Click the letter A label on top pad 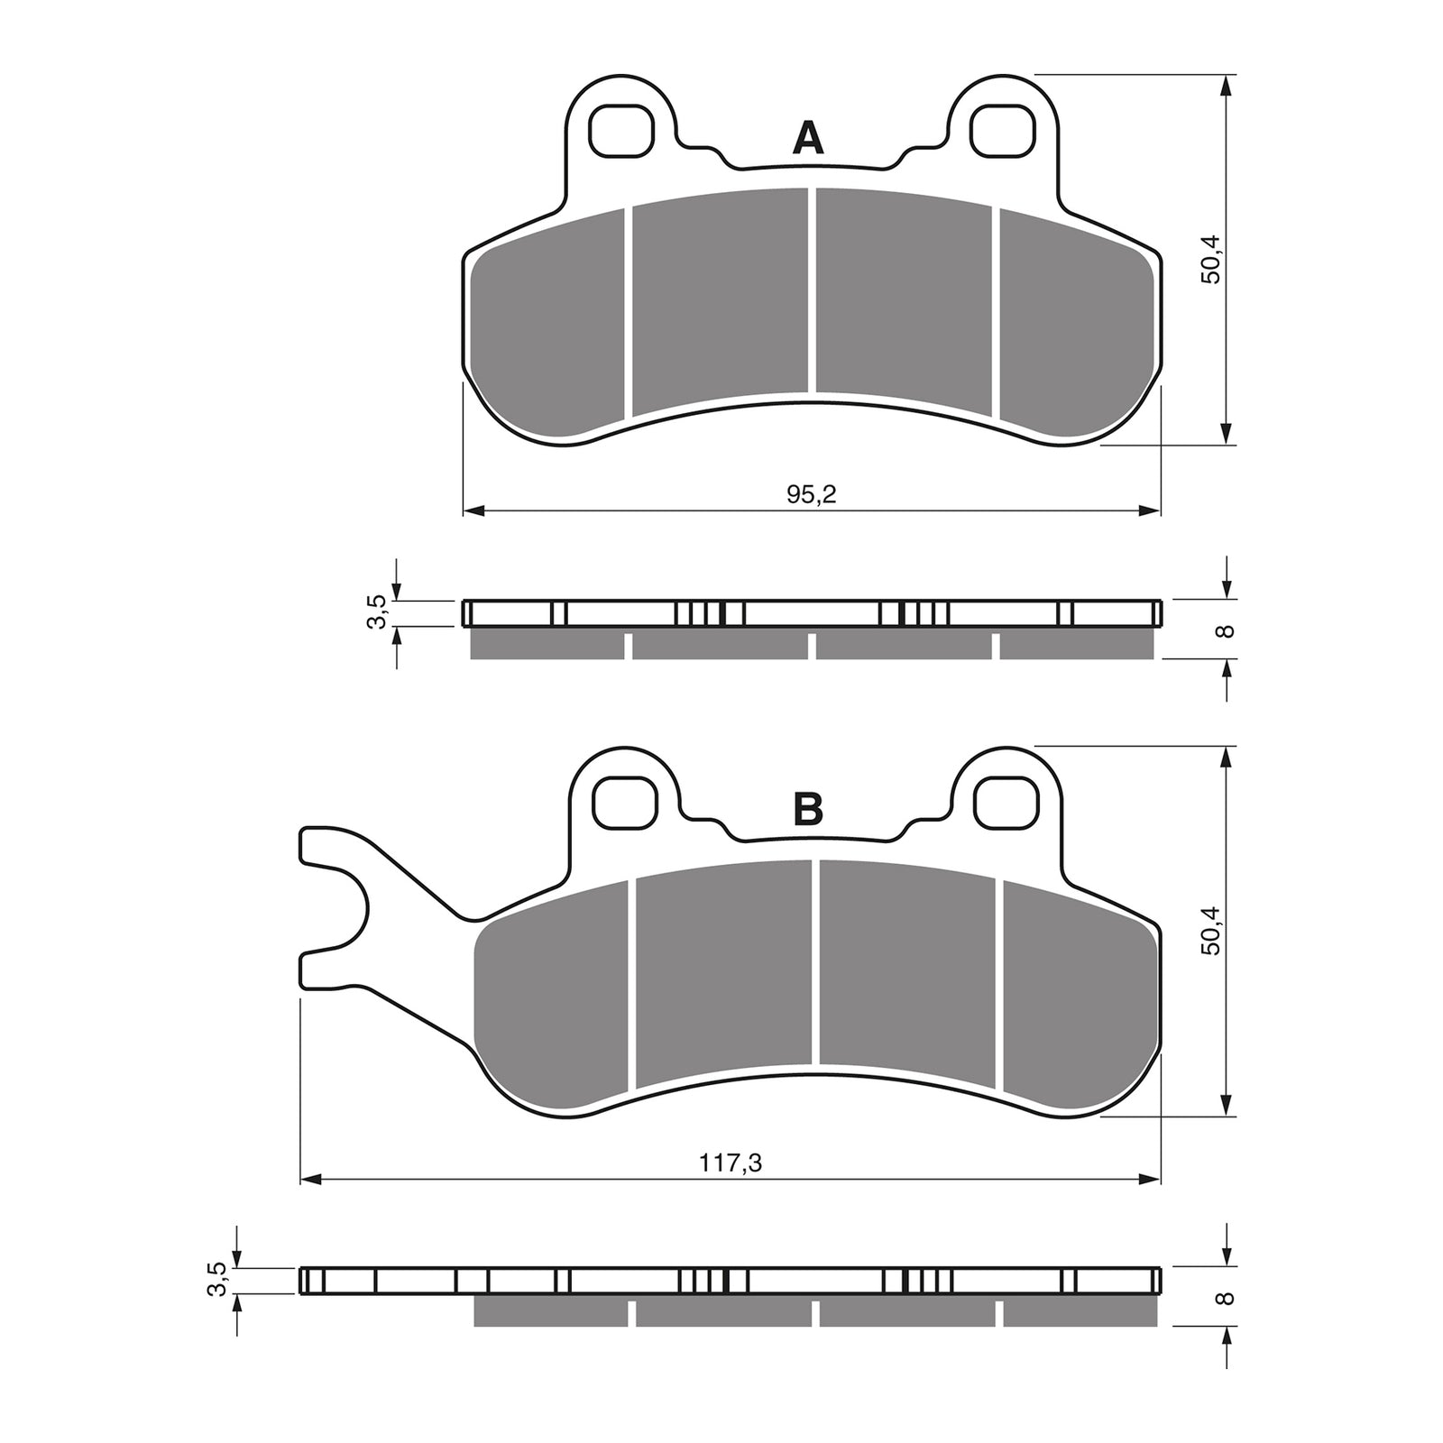[x=807, y=139]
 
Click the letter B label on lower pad [x=807, y=809]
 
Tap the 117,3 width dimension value [x=731, y=1163]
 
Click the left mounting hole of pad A [x=620, y=130]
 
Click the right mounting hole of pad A [x=1001, y=130]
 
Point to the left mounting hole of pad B [x=623, y=800]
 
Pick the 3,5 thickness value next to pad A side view [x=378, y=612]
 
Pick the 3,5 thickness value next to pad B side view [x=216, y=1279]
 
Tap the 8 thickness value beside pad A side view [x=1225, y=630]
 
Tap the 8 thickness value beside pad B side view [x=1225, y=1298]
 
